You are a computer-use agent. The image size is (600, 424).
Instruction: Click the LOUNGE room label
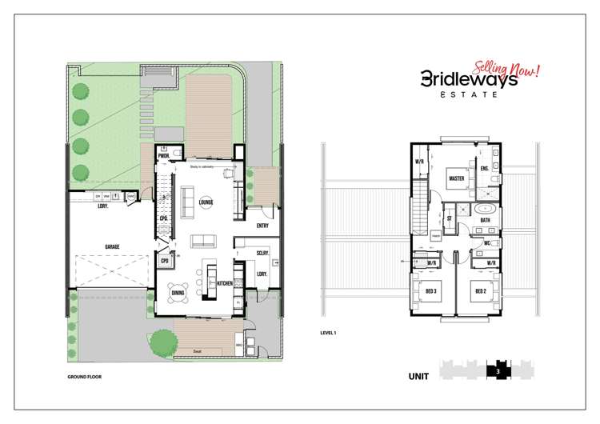click(206, 201)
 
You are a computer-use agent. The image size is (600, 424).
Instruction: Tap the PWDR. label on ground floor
click(162, 156)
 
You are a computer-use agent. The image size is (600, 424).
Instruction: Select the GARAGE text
click(111, 246)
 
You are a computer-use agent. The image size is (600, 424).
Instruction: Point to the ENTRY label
click(262, 226)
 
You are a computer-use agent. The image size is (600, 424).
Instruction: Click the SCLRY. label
click(262, 254)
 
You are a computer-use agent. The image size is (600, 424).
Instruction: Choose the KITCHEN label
click(225, 284)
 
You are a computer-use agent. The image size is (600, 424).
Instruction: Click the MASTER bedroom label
click(458, 178)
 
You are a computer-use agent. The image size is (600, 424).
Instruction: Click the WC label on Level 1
click(486, 242)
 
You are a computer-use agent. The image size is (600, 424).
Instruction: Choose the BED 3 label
click(430, 291)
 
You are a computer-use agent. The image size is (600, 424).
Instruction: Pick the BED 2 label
click(480, 291)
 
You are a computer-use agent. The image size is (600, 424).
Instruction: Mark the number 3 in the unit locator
click(497, 370)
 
